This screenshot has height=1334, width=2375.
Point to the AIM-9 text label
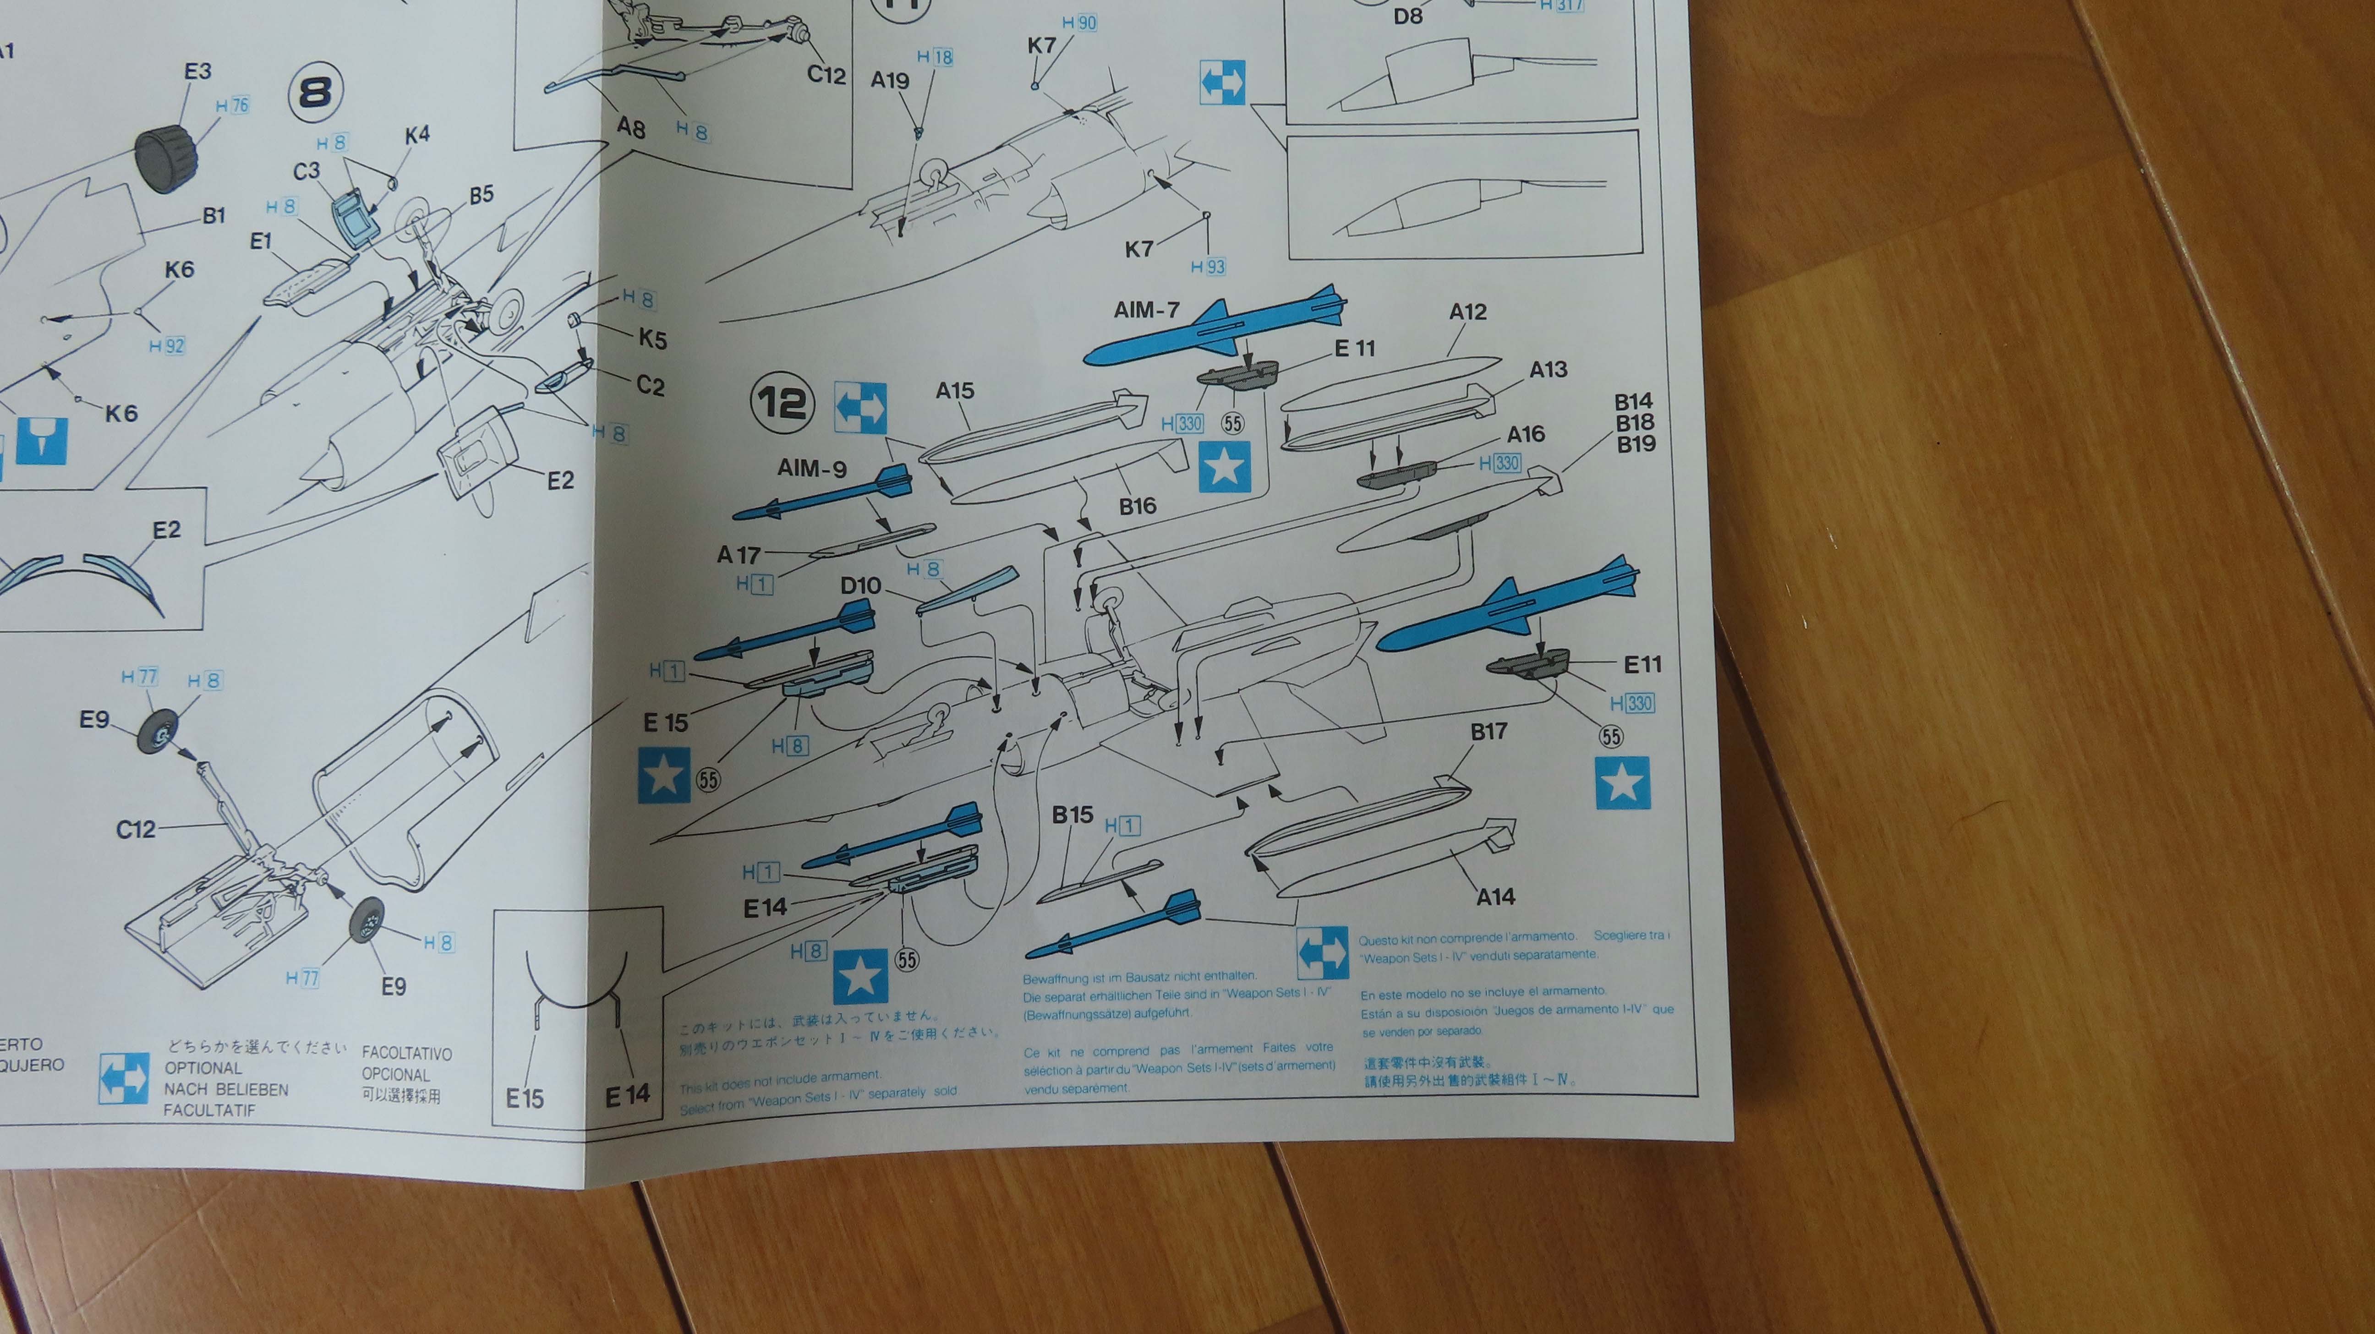coord(811,468)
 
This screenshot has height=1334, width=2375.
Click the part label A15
coord(954,391)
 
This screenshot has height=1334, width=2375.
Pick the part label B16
coord(1137,506)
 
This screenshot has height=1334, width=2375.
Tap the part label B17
coord(1488,732)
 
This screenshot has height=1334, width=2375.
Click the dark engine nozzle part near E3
coord(166,159)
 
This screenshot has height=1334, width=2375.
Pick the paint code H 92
coord(167,347)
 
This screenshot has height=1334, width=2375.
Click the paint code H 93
coord(1208,268)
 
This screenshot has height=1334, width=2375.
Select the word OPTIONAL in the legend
coord(203,1067)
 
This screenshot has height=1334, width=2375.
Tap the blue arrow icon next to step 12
coord(860,407)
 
